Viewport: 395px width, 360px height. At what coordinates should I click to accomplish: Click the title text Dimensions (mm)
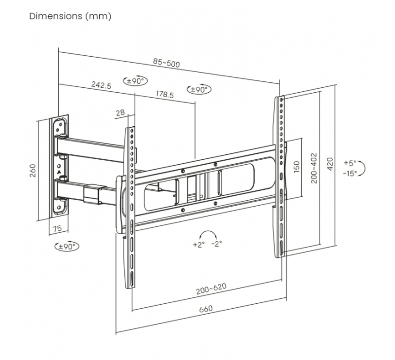[x=70, y=16]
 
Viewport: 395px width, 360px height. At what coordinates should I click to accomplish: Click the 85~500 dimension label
[x=166, y=63]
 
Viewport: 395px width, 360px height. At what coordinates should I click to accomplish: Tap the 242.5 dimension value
[x=101, y=85]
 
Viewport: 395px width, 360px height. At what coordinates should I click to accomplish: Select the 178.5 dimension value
[x=164, y=95]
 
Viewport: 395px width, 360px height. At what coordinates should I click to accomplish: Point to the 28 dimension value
[x=120, y=112]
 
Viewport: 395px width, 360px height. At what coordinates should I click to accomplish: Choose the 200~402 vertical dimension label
[x=314, y=168]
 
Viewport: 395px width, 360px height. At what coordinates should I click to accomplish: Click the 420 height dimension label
[x=330, y=163]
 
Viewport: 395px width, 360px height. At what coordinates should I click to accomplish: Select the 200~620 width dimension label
[x=211, y=291]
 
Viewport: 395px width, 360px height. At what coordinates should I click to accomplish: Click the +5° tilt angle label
[x=350, y=163]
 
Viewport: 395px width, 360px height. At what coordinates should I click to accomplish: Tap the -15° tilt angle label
[x=350, y=173]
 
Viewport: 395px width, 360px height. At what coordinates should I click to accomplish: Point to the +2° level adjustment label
[x=198, y=244]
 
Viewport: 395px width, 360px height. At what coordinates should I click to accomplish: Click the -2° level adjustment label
[x=217, y=244]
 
